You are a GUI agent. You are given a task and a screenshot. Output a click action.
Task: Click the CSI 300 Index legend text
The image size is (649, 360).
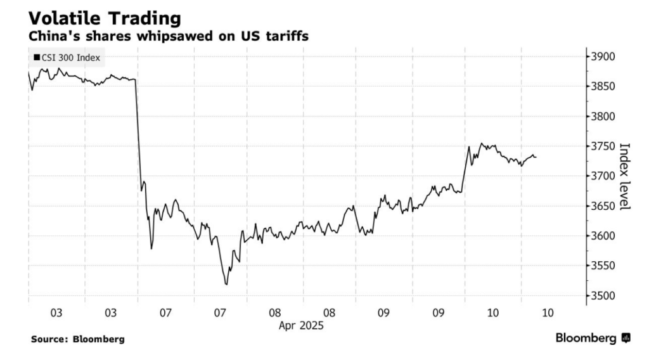tap(71, 58)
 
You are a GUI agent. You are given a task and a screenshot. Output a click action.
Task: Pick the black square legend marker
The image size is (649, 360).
tap(37, 58)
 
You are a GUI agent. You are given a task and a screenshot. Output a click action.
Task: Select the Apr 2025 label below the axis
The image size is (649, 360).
tap(301, 326)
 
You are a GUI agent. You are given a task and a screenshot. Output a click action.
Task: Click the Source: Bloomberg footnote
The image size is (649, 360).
tap(78, 339)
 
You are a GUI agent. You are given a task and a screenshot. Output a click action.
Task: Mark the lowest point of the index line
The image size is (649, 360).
tap(226, 285)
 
